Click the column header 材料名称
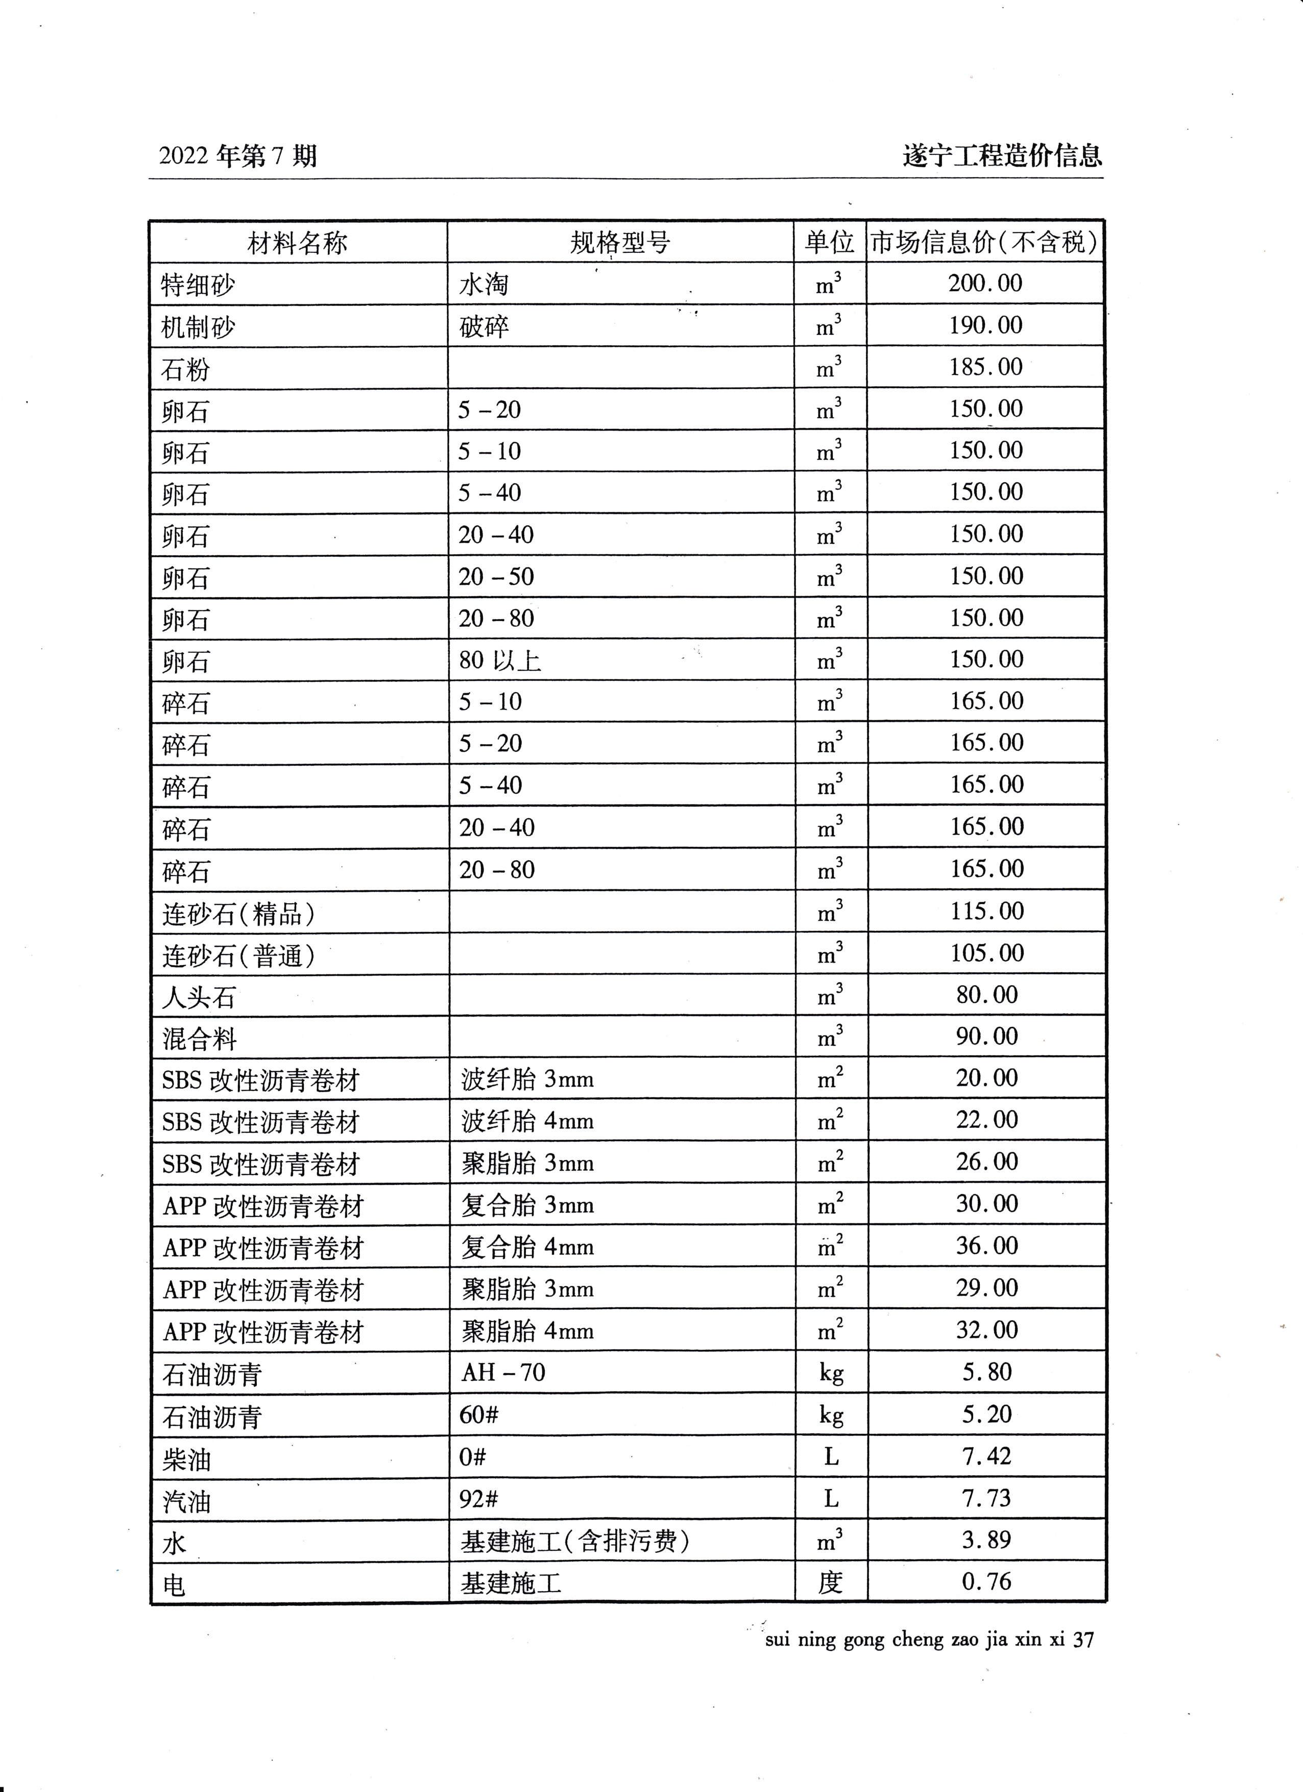tap(297, 243)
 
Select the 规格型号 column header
tap(620, 243)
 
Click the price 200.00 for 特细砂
tap(985, 284)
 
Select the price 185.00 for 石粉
tap(985, 367)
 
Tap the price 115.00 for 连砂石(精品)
tap(986, 911)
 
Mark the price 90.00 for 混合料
tap(986, 1036)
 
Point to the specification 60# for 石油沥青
tap(478, 1414)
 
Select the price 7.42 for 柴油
tap(986, 1456)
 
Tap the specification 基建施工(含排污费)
tap(575, 1541)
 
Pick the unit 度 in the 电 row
tap(830, 1583)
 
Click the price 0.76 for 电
tap(986, 1582)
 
